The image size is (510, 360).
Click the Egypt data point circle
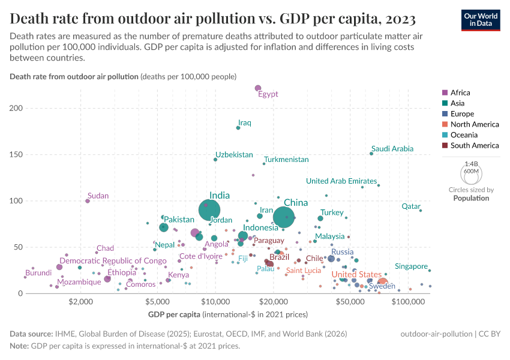(x=258, y=89)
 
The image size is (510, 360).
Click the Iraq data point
(x=238, y=128)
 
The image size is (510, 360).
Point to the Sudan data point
(x=88, y=201)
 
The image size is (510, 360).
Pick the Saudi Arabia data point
(x=371, y=154)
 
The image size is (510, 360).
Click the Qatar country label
(x=411, y=206)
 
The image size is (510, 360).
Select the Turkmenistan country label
(x=286, y=160)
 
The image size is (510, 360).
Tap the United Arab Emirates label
(x=341, y=181)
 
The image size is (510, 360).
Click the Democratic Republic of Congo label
(x=113, y=261)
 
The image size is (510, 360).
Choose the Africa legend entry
(x=460, y=92)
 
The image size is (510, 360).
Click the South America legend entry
(x=474, y=145)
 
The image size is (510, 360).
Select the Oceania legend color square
(x=445, y=135)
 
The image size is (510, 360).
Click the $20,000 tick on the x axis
(x=274, y=302)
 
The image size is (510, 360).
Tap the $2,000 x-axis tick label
(x=80, y=302)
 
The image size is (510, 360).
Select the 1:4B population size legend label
(x=472, y=164)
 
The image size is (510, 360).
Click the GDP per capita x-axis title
(x=174, y=314)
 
